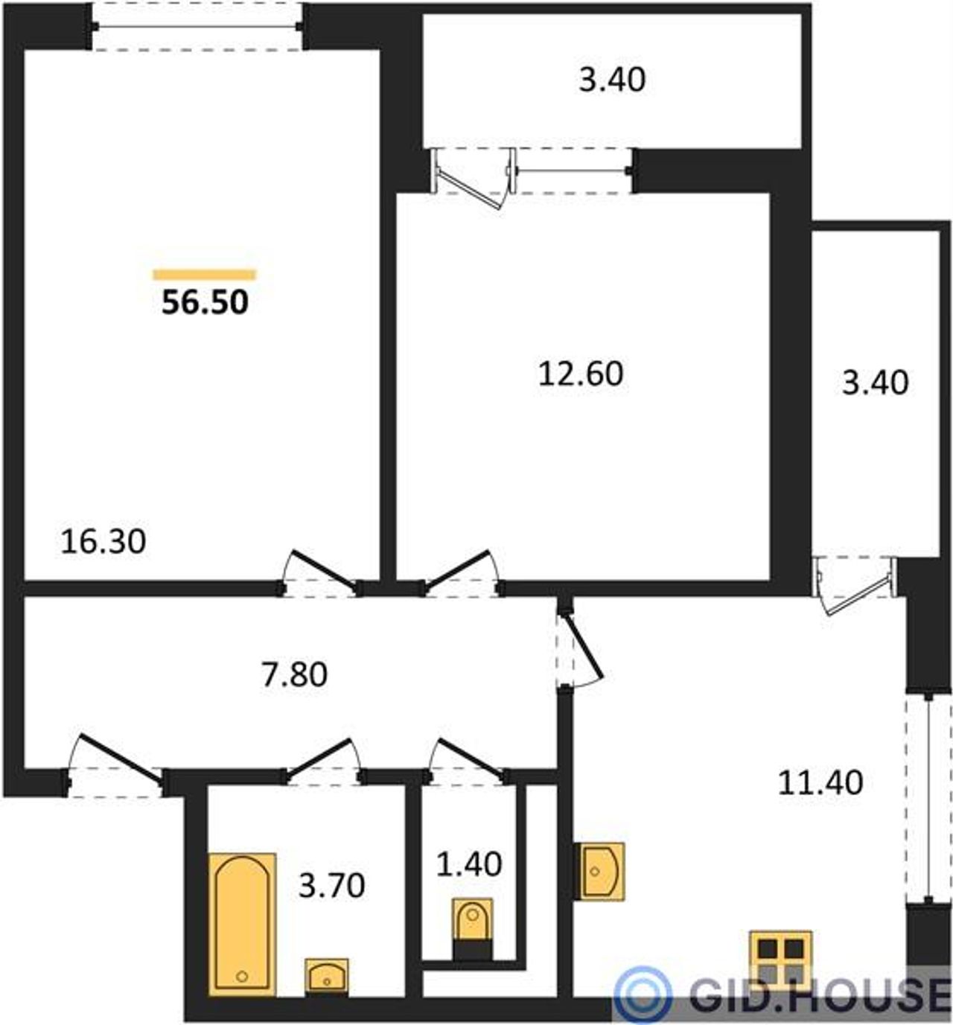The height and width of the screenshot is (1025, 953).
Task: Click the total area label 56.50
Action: pos(205,302)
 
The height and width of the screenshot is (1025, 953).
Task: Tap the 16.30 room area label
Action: pos(103,542)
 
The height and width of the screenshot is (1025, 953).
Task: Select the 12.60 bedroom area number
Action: pos(581,374)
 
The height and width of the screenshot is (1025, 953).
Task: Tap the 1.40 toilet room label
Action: pos(469,864)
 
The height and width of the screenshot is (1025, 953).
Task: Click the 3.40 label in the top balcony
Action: pos(612,80)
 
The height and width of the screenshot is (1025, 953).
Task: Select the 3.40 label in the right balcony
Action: pos(876,383)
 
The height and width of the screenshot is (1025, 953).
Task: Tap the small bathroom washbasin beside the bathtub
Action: pos(326,978)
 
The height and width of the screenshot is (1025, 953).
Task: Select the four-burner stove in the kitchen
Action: pos(780,960)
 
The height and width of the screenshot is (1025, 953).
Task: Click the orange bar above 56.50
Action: pos(205,275)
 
